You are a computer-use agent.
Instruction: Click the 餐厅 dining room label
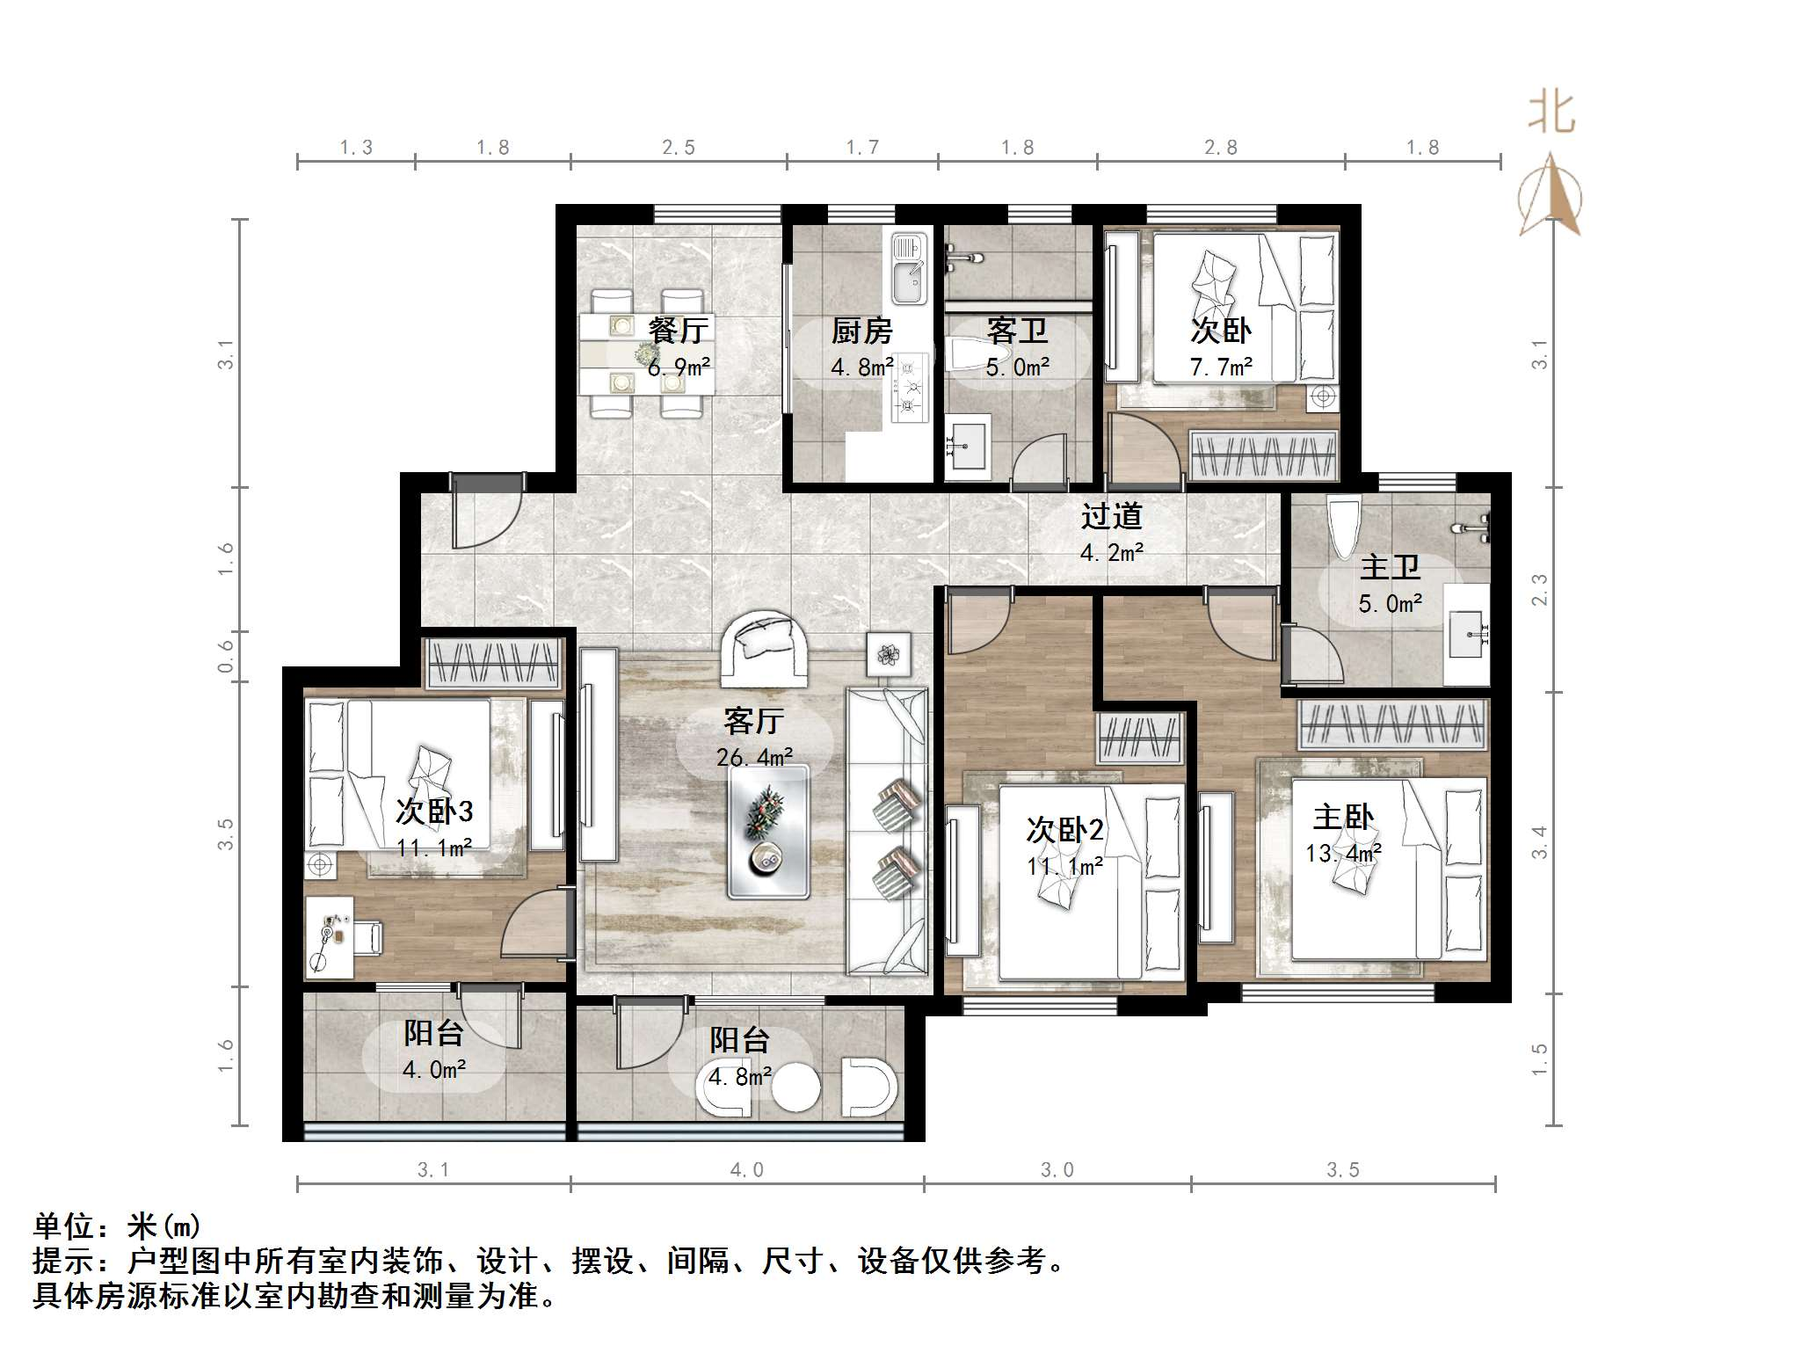pyautogui.click(x=678, y=331)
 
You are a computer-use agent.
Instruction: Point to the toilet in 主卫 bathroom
pyautogui.click(x=1344, y=527)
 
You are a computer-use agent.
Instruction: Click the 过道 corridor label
pyautogui.click(x=1111, y=516)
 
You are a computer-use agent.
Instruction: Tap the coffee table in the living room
pyautogui.click(x=768, y=831)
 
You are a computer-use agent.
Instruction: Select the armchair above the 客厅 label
pyautogui.click(x=763, y=649)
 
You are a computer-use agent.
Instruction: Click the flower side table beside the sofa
pyautogui.click(x=888, y=654)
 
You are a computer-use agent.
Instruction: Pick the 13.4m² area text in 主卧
pyautogui.click(x=1343, y=853)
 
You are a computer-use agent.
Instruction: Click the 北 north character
pyautogui.click(x=1551, y=114)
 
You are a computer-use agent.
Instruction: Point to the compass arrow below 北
pyautogui.click(x=1551, y=195)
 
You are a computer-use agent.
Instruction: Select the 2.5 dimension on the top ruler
pyautogui.click(x=679, y=148)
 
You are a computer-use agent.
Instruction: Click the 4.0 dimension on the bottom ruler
pyautogui.click(x=746, y=1170)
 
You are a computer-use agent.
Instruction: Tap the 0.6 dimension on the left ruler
pyautogui.click(x=227, y=656)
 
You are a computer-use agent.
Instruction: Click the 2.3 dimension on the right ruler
pyautogui.click(x=1539, y=590)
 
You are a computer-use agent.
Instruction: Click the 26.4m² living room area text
pyautogui.click(x=754, y=757)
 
